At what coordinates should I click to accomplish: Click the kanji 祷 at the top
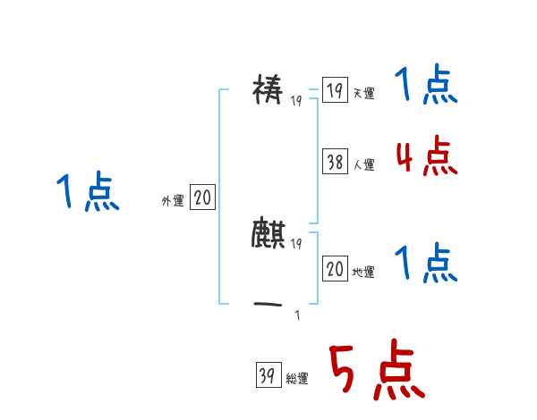(x=268, y=91)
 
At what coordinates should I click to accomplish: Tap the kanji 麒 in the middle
(x=268, y=234)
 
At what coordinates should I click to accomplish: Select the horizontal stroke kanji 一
(x=268, y=306)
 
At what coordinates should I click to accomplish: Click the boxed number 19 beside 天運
(x=335, y=91)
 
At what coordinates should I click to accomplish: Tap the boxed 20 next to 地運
(x=335, y=269)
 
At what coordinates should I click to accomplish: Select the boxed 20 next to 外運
(x=202, y=198)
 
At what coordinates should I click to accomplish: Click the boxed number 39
(x=268, y=376)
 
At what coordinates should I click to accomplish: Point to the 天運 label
(x=363, y=94)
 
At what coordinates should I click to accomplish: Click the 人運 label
(x=363, y=164)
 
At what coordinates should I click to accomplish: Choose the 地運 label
(x=363, y=272)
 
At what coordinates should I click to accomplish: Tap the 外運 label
(x=173, y=201)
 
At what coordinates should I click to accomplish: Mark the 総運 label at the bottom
(x=297, y=379)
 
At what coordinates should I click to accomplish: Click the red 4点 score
(x=426, y=157)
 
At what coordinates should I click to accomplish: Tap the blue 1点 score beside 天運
(x=426, y=87)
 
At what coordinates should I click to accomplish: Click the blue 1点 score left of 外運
(x=88, y=193)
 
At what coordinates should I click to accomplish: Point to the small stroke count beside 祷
(x=296, y=100)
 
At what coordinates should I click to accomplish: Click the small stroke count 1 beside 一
(x=297, y=314)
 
